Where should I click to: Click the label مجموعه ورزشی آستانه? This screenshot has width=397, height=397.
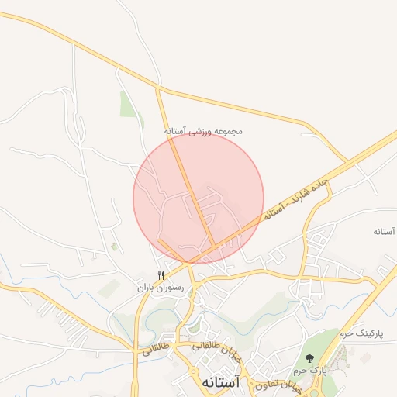click(204, 132)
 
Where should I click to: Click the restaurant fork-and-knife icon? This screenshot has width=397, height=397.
click(161, 275)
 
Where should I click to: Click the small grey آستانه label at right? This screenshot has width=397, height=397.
click(385, 232)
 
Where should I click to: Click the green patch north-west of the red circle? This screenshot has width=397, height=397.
click(128, 105)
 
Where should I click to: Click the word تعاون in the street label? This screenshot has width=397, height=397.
click(263, 384)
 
